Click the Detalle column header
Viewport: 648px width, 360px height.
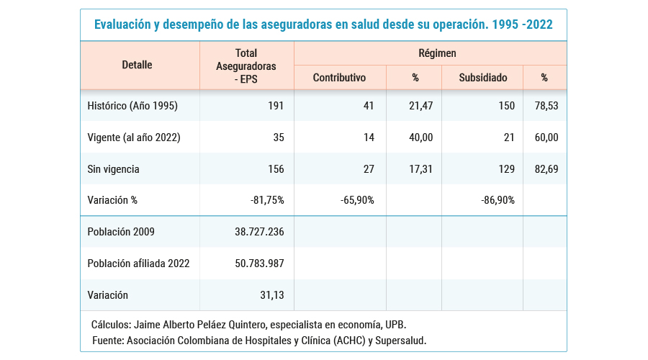pos(137,65)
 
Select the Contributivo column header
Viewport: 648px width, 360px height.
pos(339,77)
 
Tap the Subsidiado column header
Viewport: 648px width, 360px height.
pos(482,77)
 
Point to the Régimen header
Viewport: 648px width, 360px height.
pos(437,53)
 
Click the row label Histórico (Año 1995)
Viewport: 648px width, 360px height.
pos(132,106)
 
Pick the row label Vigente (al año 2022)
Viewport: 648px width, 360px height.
pos(134,138)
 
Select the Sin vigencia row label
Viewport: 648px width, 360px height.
pos(113,169)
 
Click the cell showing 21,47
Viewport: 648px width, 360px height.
pos(413,106)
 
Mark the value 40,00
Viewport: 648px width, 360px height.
pos(413,138)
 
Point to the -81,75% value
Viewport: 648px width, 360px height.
pos(266,200)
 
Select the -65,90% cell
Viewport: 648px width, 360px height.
pos(357,200)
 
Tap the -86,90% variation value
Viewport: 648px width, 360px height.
pos(498,200)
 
